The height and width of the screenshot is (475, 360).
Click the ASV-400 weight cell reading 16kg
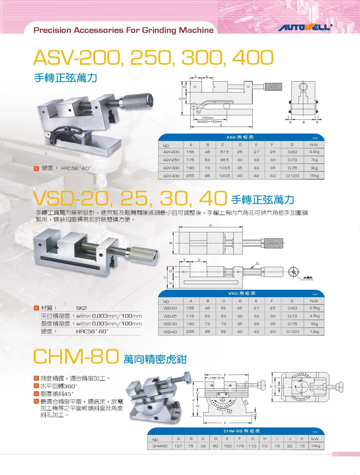(314, 176)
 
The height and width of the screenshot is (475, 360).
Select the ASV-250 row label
(171, 160)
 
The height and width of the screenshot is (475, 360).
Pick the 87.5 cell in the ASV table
(225, 152)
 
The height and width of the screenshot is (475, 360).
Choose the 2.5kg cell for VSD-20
(314, 308)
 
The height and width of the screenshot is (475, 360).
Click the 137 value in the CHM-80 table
(178, 446)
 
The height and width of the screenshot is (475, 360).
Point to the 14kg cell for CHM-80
(315, 446)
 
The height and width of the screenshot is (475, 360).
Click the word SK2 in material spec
(81, 308)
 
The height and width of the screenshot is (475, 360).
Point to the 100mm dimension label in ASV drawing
(207, 118)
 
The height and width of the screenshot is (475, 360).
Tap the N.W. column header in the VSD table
(314, 301)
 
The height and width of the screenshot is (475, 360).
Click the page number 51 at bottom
(336, 454)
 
